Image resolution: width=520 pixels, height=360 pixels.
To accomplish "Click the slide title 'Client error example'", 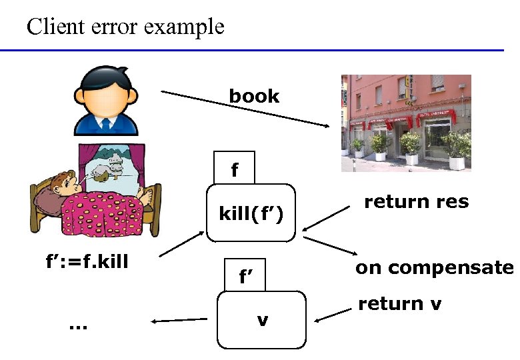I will [x=125, y=27].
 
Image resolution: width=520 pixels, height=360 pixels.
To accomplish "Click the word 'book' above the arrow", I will [x=254, y=96].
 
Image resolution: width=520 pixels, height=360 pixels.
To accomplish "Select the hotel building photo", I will [x=406, y=123].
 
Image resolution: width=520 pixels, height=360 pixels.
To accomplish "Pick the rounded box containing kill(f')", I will [x=251, y=213].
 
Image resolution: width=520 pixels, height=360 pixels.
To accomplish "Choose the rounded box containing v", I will [x=262, y=320].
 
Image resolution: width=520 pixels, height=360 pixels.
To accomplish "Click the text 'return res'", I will [x=416, y=201].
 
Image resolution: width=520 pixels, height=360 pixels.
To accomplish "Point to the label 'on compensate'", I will [x=434, y=268].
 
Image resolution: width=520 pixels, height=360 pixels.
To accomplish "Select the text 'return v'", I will [x=399, y=304].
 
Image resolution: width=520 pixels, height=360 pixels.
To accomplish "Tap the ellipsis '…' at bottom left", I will [x=77, y=326].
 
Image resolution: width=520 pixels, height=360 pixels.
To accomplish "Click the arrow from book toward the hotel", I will [x=246, y=110].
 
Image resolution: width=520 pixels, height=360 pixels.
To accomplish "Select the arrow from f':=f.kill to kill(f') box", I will [x=181, y=245].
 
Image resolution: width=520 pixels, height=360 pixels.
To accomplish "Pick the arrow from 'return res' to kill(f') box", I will [x=327, y=217].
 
